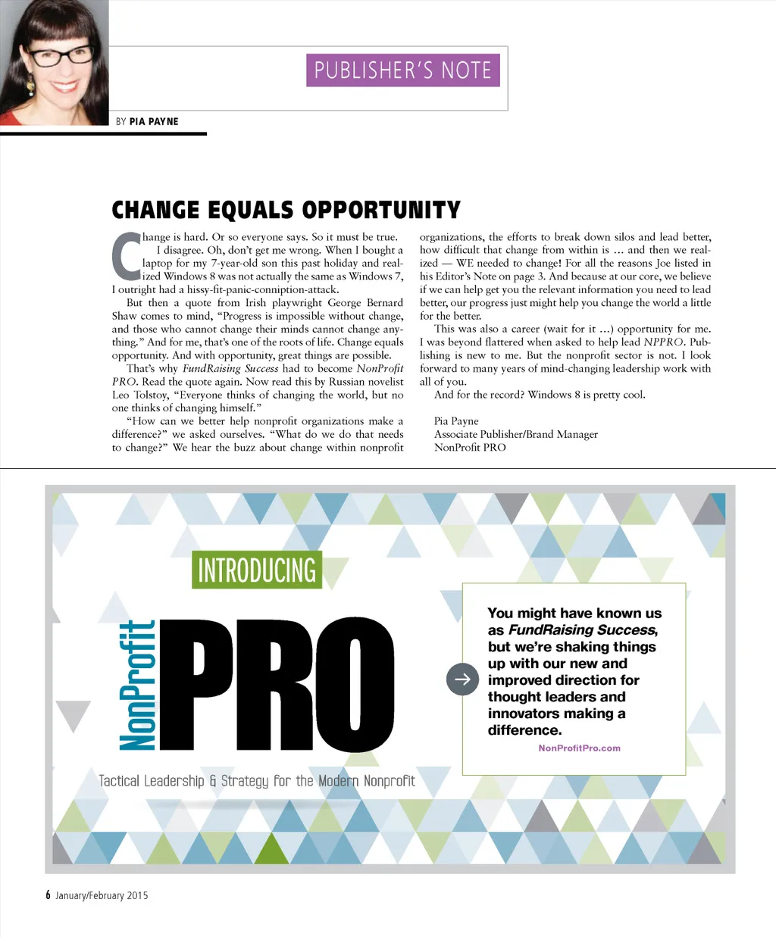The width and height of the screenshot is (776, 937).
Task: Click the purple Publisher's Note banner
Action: (x=402, y=70)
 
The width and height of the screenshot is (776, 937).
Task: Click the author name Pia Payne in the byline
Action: (x=154, y=121)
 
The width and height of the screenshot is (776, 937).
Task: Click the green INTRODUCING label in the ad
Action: (x=256, y=570)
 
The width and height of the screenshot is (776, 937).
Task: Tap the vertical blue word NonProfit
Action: (x=137, y=686)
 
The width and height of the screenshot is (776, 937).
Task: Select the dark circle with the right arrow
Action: (x=462, y=679)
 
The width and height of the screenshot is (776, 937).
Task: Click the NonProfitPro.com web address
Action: (x=579, y=748)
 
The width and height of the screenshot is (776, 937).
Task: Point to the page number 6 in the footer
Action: (x=48, y=895)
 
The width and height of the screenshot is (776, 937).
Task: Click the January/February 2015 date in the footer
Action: (x=102, y=895)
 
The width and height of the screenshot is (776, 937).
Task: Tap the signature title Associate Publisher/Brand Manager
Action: (x=515, y=434)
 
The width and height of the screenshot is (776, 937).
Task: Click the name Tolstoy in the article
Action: (x=150, y=395)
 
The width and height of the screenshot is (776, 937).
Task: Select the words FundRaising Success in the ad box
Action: (x=581, y=629)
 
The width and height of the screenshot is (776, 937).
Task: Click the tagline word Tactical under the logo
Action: (x=119, y=781)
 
